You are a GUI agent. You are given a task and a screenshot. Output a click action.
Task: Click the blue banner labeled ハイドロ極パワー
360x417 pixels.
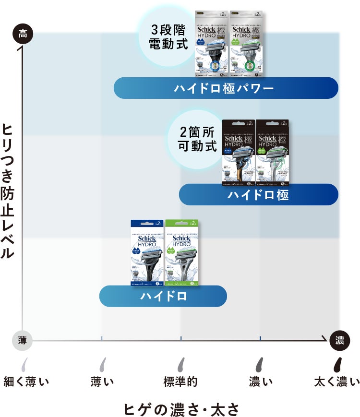click(x=226, y=88)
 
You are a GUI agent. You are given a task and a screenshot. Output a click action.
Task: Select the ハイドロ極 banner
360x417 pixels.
click(x=258, y=195)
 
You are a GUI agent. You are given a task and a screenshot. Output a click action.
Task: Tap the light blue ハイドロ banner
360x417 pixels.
click(x=163, y=296)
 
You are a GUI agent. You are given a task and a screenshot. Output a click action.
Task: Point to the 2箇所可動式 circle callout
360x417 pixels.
click(x=197, y=138)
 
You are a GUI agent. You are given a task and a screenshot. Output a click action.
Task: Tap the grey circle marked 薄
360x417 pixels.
click(x=23, y=340)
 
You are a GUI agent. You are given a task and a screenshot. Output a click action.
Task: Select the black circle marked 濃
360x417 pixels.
click(x=339, y=340)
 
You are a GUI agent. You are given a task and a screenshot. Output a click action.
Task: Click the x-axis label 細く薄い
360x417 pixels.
click(x=26, y=382)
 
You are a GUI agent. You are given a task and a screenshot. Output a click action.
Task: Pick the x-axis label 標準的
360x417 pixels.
click(x=180, y=382)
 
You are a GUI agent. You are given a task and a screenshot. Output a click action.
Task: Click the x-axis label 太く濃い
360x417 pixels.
click(x=336, y=382)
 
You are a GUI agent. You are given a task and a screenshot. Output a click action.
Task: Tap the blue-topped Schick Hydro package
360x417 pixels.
click(x=147, y=253)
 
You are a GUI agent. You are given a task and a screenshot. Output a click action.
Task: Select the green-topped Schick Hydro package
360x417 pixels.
click(x=181, y=253)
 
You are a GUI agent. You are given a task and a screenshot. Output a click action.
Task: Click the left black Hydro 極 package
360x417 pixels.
click(x=239, y=153)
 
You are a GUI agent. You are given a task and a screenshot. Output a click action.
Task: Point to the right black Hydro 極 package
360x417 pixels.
click(x=272, y=153)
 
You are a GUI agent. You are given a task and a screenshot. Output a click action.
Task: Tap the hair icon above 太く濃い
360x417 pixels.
click(x=338, y=364)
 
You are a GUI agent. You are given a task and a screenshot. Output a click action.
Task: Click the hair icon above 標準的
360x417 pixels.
click(x=181, y=364)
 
